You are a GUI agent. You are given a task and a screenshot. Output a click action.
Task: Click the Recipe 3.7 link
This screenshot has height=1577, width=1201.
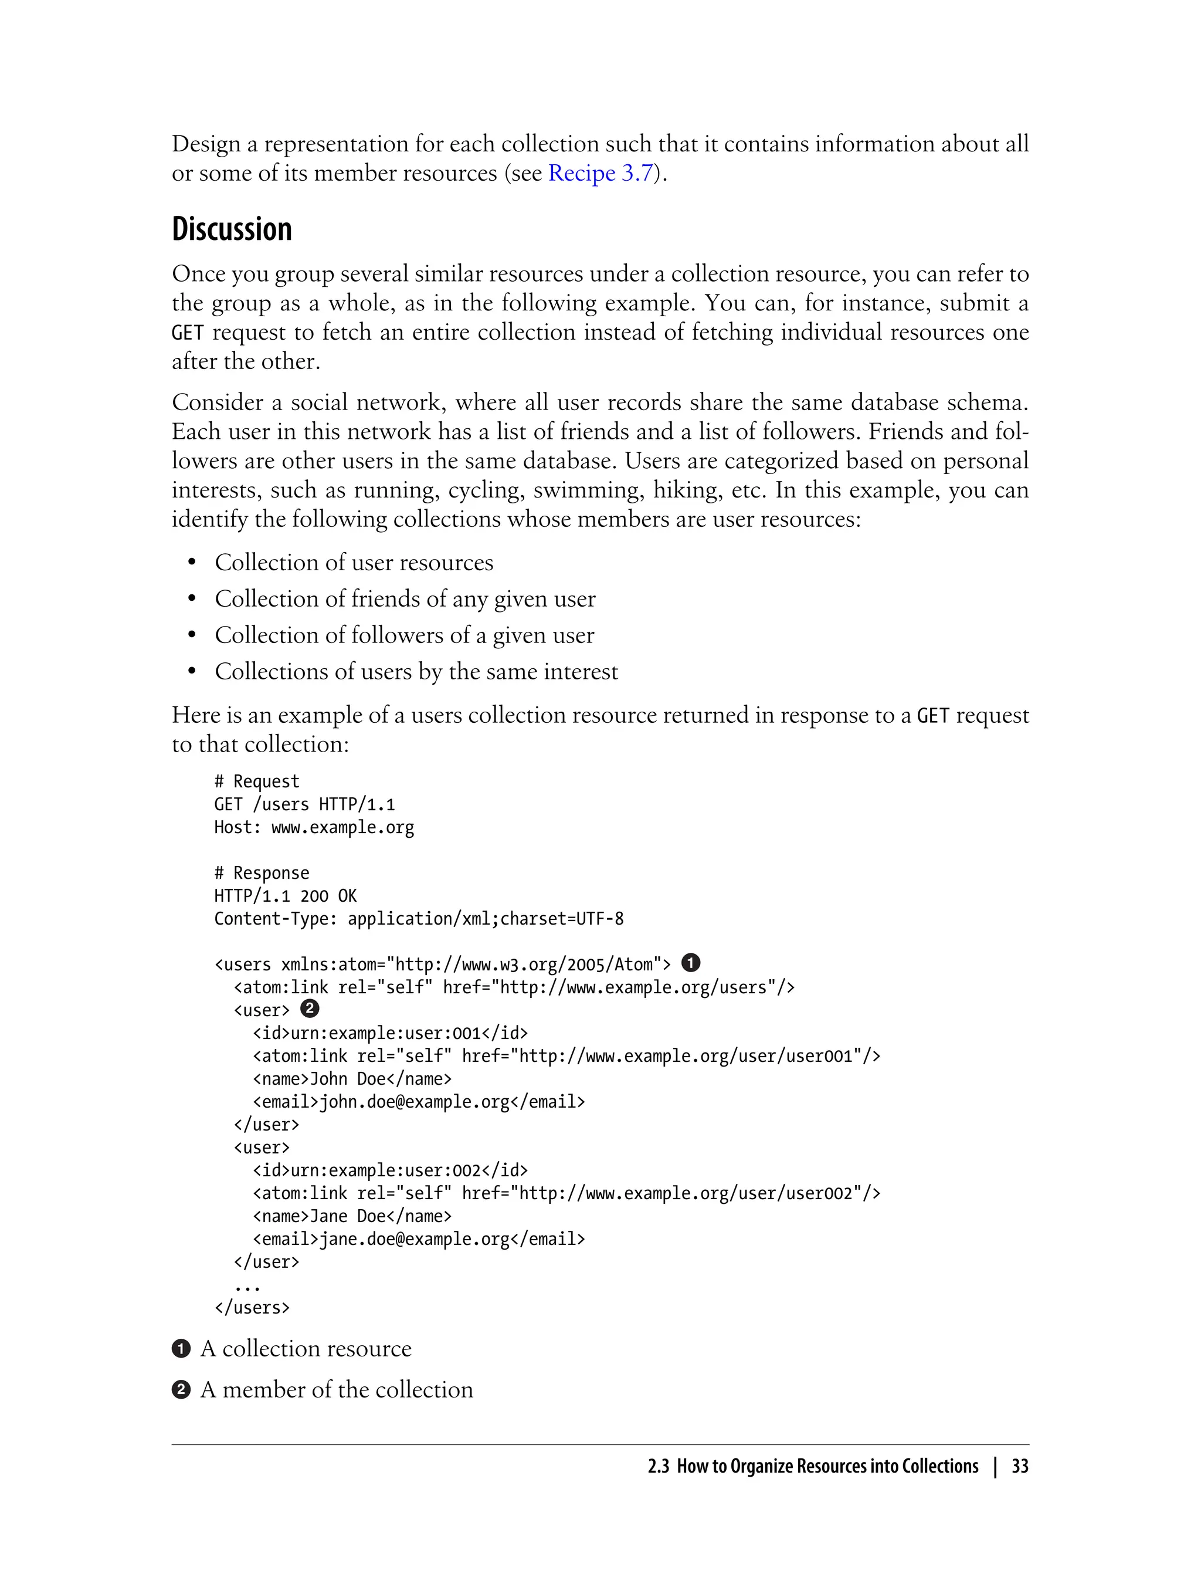(x=600, y=174)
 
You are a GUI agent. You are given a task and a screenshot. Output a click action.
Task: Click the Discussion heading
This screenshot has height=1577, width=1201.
(x=232, y=229)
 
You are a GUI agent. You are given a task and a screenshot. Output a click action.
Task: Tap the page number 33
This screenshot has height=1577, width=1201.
(x=1020, y=1466)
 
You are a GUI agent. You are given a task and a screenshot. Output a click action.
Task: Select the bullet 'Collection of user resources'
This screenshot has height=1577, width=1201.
(x=354, y=563)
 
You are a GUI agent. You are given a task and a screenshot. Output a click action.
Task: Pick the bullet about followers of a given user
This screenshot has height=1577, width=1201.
(x=404, y=636)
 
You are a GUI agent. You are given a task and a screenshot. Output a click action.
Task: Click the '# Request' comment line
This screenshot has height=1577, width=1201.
(x=257, y=781)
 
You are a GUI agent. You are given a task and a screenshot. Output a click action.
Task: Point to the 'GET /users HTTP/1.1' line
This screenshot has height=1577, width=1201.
(x=304, y=804)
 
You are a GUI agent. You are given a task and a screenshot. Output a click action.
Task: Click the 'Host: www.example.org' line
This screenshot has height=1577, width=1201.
(x=314, y=827)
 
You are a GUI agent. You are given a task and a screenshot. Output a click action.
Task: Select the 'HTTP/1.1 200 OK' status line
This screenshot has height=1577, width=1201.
(x=285, y=896)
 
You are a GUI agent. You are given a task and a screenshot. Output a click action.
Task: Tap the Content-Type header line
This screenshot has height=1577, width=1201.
(x=419, y=919)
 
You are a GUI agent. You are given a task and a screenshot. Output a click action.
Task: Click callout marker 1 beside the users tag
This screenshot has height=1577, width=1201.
(x=691, y=963)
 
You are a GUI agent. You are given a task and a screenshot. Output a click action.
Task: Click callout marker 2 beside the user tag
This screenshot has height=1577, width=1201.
(x=310, y=1009)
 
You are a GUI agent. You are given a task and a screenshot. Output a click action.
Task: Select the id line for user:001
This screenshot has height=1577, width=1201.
(x=391, y=1034)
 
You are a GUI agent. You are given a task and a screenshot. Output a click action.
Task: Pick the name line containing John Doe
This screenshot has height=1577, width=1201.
(x=352, y=1079)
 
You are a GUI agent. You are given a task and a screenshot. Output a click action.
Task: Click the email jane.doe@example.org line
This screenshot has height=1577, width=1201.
(x=419, y=1240)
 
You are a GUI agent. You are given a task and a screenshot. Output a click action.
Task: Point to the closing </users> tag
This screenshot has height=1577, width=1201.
(x=252, y=1308)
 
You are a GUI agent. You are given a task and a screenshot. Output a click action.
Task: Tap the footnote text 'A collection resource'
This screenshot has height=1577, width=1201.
(x=306, y=1349)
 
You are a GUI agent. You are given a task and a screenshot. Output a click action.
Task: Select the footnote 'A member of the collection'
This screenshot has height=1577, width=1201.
(x=337, y=1390)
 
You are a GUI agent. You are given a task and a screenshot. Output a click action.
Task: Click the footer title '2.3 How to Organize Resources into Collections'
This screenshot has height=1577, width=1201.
(x=813, y=1466)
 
